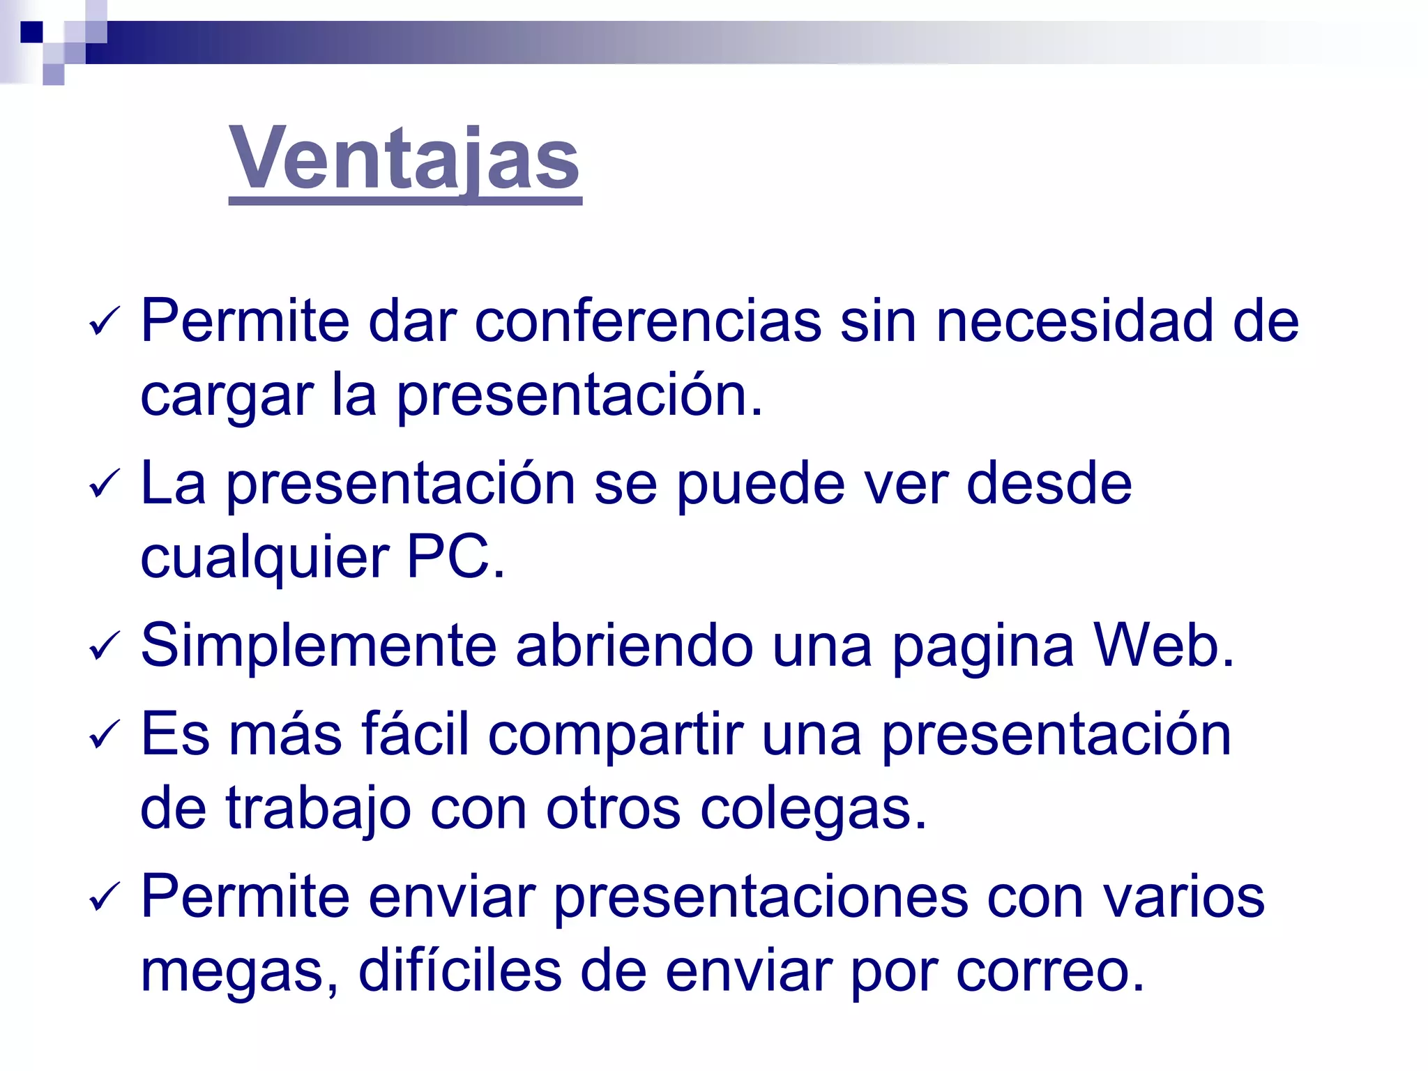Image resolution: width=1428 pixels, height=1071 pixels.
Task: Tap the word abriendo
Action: [x=634, y=646]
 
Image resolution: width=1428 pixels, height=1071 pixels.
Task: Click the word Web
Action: [x=1162, y=646]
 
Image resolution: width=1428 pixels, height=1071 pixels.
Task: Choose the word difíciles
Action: [x=459, y=971]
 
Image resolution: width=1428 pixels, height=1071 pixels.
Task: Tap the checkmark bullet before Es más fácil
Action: [x=105, y=735]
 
